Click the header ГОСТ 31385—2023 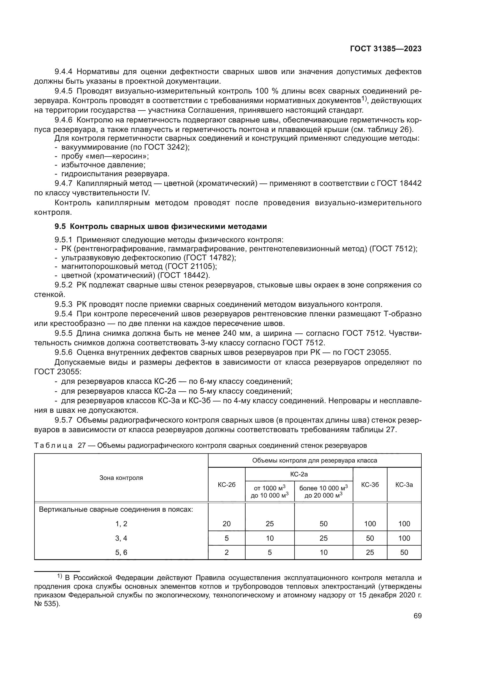tap(385, 49)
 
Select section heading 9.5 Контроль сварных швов tap(160, 226)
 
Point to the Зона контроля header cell tap(121, 478)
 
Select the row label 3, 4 tap(121, 538)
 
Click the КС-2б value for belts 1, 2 tap(226, 524)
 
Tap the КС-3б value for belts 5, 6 tap(370, 552)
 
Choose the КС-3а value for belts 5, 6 tap(404, 552)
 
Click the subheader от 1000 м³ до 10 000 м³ tap(270, 492)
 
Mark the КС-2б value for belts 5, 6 tap(226, 552)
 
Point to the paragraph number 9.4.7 tap(63, 184)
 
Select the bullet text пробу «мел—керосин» tap(105, 156)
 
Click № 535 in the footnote tap(46, 603)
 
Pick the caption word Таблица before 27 tap(53, 445)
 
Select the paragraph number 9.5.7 tap(63, 420)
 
